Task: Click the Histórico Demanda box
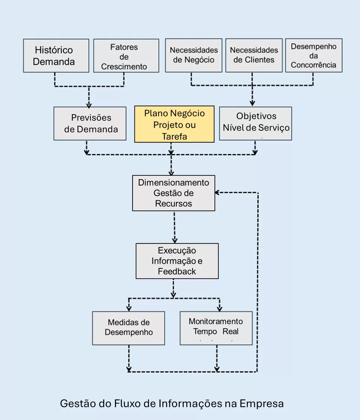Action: tap(56, 56)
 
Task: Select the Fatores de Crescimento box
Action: tap(126, 56)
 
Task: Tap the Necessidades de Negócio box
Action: tap(193, 55)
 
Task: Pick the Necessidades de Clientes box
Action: tap(254, 55)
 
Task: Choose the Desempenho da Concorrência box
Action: tap(313, 56)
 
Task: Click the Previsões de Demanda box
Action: tap(90, 124)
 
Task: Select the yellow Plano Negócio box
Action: tap(174, 124)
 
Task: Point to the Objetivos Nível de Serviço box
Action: tap(255, 124)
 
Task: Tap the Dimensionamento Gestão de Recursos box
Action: tap(174, 193)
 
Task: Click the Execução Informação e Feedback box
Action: tap(177, 261)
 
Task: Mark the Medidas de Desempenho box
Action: tap(128, 328)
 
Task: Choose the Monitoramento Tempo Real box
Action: tap(216, 328)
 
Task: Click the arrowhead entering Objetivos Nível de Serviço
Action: tap(252, 103)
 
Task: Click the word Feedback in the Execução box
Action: tap(177, 271)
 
